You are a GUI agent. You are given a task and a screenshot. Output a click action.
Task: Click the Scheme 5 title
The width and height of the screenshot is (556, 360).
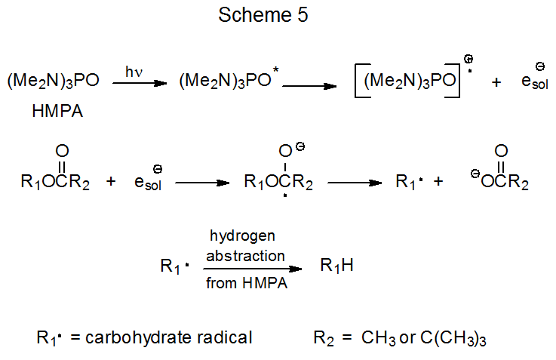(263, 15)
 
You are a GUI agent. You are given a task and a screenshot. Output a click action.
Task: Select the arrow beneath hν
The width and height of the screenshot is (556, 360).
(140, 84)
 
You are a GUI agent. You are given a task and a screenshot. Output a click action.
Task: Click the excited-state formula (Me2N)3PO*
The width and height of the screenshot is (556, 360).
(229, 82)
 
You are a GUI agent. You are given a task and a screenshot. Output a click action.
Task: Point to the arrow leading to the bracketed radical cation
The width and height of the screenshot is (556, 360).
(309, 85)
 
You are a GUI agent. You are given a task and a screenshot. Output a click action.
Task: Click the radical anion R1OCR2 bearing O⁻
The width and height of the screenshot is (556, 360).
(278, 183)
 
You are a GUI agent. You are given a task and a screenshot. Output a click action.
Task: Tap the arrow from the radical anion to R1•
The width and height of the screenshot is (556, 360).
(353, 183)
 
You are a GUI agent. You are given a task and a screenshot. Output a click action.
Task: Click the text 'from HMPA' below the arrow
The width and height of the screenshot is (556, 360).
(245, 285)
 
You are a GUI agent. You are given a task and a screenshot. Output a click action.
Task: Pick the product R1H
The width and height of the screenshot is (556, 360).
(337, 266)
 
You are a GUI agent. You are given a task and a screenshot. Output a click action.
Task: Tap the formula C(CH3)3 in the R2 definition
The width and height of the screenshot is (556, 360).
(453, 338)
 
